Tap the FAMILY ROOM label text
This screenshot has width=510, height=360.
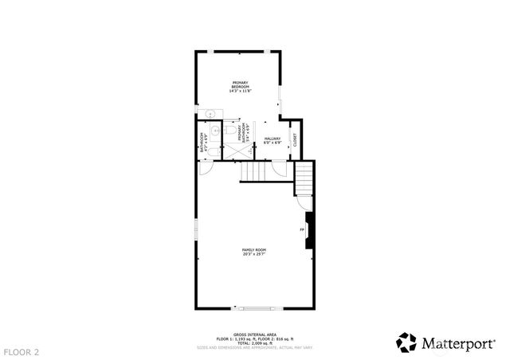coord(253,250)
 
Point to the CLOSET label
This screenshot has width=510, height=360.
coord(295,139)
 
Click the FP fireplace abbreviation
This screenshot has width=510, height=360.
coord(302,230)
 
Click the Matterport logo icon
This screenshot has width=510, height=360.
coord(406,342)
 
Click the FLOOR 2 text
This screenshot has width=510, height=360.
coord(22,351)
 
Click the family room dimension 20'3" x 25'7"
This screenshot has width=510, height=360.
coord(253,255)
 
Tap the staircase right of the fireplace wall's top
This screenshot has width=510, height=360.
coord(305,178)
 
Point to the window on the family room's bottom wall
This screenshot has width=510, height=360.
coord(255,309)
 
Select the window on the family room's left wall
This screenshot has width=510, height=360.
coord(197,233)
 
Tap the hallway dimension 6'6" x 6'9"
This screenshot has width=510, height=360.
coord(273,143)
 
